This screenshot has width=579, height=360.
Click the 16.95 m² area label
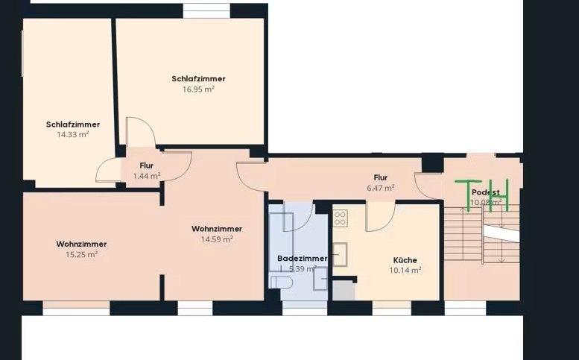pos(198,89)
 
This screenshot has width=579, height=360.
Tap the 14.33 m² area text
pos(72,134)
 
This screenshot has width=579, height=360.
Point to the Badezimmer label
pos(302,258)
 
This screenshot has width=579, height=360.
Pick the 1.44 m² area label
pos(147,176)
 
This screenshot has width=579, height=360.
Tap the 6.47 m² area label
pos(381,188)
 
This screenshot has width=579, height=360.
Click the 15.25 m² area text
pos(81,253)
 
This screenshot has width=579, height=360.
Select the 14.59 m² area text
pos(217,239)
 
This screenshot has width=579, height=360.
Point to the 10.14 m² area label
pos(406,270)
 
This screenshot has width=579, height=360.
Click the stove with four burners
pos(341,218)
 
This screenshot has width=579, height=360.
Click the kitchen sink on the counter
pos(341,253)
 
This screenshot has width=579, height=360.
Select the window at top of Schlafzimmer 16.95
pos(206,10)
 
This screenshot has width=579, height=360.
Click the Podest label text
pos(485,192)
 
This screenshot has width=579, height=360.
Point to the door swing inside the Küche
pos(380,216)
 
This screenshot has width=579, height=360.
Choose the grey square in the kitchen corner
pos(344,289)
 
